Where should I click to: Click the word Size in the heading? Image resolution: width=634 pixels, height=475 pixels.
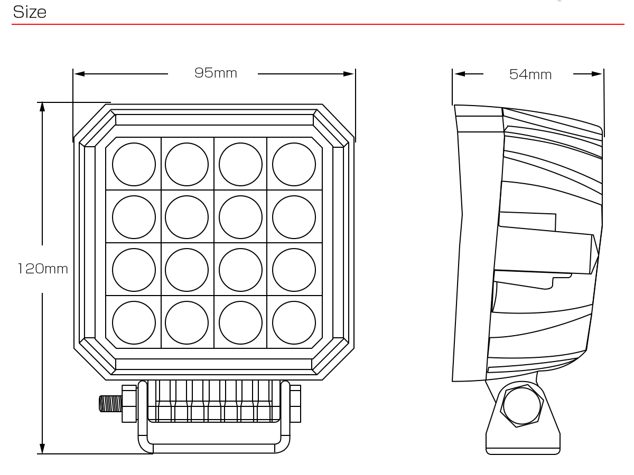point(30,12)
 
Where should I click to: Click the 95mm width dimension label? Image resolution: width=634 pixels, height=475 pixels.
point(216,73)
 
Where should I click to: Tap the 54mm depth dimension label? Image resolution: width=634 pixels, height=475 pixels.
point(530,75)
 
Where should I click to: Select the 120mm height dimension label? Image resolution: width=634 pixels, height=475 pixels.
point(43,269)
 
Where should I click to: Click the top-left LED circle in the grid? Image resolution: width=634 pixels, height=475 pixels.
point(134,164)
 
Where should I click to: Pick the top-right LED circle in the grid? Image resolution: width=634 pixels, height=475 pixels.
point(294,164)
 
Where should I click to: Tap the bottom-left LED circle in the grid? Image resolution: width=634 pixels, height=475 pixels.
point(134,322)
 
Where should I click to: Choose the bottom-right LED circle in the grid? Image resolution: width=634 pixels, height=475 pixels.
point(294,322)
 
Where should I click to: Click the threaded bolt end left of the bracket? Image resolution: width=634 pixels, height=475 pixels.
point(110,404)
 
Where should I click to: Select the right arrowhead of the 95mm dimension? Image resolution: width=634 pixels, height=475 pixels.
point(349,74)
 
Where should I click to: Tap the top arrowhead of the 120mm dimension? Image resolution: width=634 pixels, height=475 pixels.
point(42,107)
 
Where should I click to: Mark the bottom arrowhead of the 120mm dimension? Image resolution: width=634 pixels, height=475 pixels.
point(42,449)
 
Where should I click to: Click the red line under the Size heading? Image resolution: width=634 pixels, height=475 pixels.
point(317,24)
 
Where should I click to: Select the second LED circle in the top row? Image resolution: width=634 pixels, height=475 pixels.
point(187,164)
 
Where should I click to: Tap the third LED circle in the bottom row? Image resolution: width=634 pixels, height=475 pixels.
point(240,322)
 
